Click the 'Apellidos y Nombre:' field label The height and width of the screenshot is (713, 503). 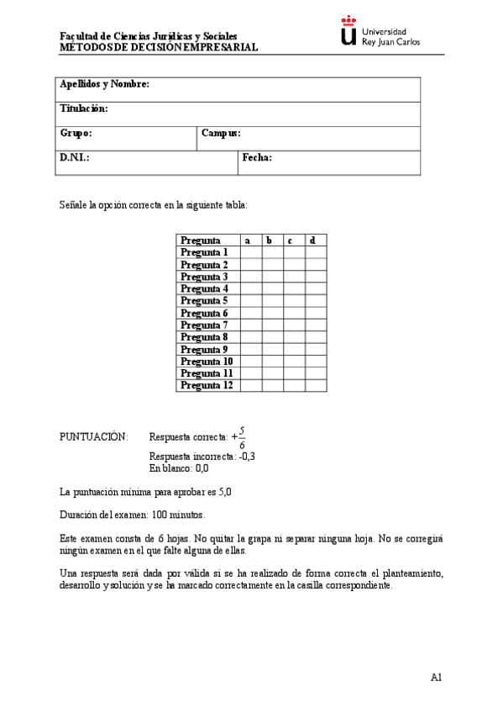coord(104,85)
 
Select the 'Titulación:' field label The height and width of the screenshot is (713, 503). coord(84,109)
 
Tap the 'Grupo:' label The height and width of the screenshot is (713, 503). coord(76,133)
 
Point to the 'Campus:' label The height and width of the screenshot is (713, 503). coord(222,133)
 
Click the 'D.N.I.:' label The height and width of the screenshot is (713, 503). coord(75,157)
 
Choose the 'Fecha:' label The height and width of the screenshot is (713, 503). coord(257,157)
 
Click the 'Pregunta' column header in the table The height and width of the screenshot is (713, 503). coord(201,240)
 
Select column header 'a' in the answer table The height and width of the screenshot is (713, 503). coord(248,240)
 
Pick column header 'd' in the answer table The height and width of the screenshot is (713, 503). coord(312,240)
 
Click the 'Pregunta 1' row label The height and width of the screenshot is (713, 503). coord(204,252)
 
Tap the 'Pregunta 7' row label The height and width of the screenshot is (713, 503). coord(204,325)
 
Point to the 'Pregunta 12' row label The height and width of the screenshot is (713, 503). coord(207,385)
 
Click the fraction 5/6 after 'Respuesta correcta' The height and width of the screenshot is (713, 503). coord(242,436)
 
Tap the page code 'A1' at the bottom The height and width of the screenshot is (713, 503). coord(437,677)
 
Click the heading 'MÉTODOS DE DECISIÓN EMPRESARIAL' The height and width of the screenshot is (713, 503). coord(159,48)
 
